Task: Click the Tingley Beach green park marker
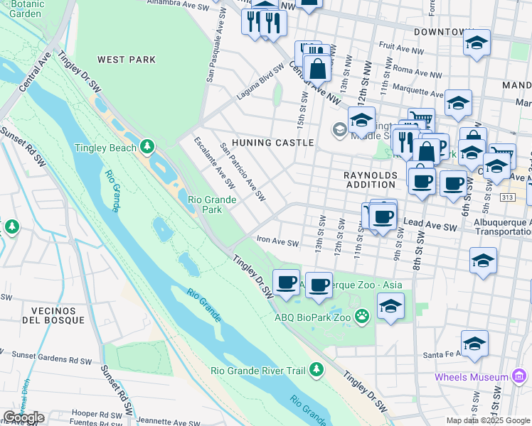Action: coord(147,146)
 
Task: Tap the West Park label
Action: coord(127,60)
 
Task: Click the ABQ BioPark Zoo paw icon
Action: coord(362,316)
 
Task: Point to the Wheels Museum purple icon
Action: coord(519,376)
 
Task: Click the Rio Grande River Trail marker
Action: coord(316,369)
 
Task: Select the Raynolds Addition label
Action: coord(369,180)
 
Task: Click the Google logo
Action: coord(23,417)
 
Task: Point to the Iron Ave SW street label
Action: coord(277,243)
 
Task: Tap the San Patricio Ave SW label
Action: coord(243,171)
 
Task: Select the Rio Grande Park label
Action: coord(212,204)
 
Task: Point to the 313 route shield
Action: coord(507,197)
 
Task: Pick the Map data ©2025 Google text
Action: coord(488,420)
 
